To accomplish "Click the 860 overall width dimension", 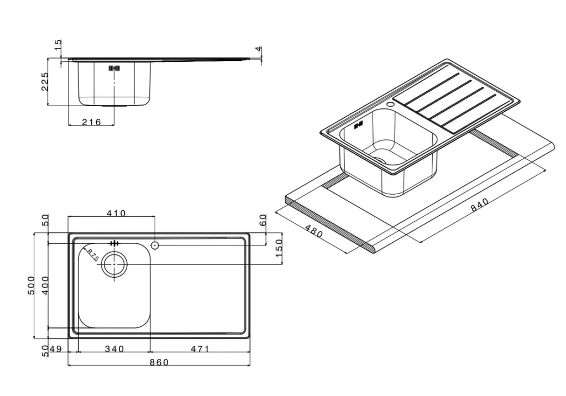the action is [159, 362].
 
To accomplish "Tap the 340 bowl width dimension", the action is [114, 349].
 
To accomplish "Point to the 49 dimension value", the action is [56, 349].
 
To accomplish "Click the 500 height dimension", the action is [31, 285].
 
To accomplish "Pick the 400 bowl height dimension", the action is [45, 285].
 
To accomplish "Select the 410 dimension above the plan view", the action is [116, 213].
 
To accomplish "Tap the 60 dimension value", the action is [263, 220].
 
